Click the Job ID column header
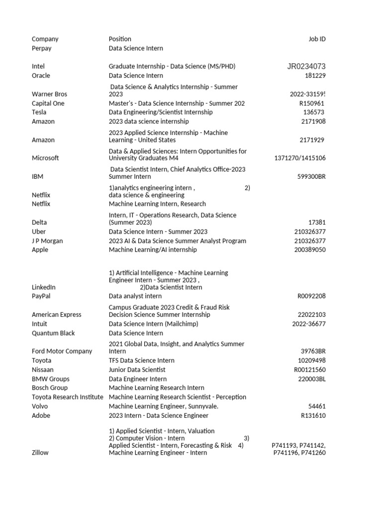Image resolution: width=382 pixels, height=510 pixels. point(317,39)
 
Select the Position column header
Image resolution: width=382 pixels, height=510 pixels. point(120,39)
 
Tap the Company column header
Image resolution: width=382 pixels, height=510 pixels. point(45,39)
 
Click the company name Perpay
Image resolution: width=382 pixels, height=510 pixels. point(41,48)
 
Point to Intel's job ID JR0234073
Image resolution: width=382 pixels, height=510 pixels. point(306,66)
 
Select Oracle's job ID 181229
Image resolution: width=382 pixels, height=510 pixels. point(315,76)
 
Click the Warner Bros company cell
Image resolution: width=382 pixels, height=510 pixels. point(49,94)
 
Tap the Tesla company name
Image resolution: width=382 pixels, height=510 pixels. point(39,112)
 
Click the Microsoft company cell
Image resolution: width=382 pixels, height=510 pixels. point(45,158)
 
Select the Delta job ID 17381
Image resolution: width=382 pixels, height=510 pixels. point(317,223)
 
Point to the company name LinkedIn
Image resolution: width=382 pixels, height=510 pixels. point(44,287)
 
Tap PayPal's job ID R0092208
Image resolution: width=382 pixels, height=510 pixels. point(311,296)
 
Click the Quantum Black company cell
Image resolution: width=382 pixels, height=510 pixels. point(53,333)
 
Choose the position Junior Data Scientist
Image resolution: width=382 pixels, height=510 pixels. point(137,370)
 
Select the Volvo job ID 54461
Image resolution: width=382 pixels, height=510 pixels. point(317,406)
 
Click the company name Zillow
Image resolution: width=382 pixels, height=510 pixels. point(40,453)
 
